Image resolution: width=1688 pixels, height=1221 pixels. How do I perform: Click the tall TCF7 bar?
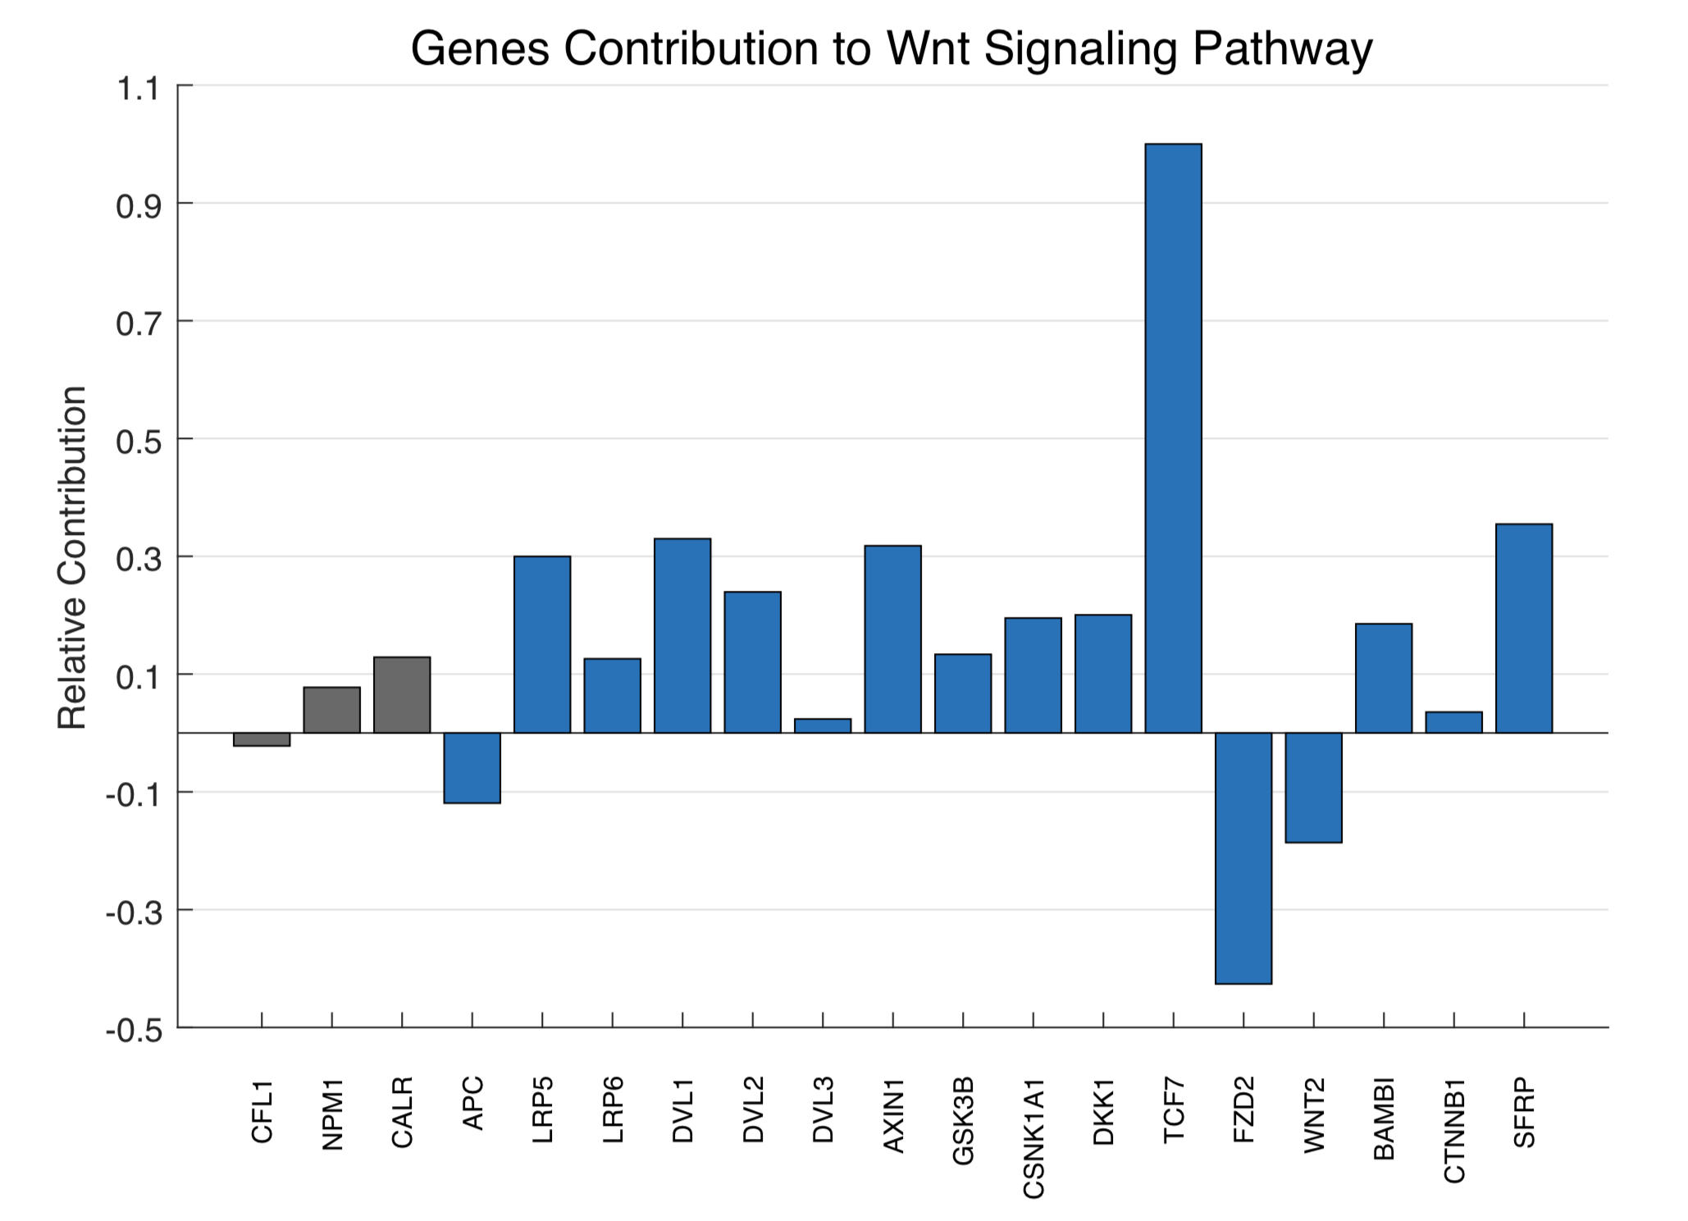(1173, 438)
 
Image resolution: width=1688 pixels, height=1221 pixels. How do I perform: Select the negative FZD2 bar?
(1243, 857)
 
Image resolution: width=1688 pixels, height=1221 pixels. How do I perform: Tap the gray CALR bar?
(402, 694)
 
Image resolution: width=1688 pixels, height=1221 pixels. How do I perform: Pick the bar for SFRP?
(1524, 628)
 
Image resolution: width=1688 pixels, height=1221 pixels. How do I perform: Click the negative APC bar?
(472, 767)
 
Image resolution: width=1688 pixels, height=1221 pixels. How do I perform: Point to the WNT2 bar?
(1314, 787)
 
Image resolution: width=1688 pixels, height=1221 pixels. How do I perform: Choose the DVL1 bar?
(682, 635)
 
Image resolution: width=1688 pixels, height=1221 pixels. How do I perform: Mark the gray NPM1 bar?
(332, 710)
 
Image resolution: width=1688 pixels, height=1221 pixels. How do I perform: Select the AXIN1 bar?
(892, 638)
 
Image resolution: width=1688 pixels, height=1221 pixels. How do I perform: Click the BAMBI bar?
(1384, 678)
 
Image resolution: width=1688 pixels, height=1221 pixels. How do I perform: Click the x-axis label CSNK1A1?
(1033, 1138)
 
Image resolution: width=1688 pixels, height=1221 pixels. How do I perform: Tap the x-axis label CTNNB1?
(1454, 1132)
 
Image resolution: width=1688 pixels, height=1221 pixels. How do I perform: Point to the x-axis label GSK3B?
(963, 1121)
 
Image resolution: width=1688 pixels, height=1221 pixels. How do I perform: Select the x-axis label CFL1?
(262, 1112)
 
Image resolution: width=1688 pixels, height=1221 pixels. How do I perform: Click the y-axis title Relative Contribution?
(72, 557)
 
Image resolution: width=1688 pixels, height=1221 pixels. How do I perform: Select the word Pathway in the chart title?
(1282, 48)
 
